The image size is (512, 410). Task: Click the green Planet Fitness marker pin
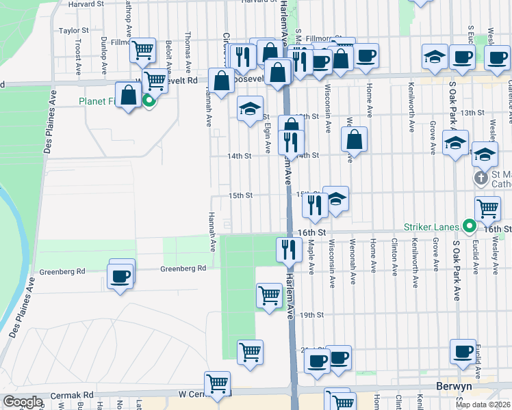pyautogui.click(x=149, y=102)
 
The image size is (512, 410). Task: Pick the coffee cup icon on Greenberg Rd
pyautogui.click(x=120, y=276)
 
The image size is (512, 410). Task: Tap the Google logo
pyautogui.click(x=22, y=402)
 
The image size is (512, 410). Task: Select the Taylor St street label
pyautogui.click(x=74, y=31)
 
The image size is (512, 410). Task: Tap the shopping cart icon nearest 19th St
pyautogui.click(x=269, y=295)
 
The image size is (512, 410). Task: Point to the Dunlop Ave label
pyautogui.click(x=103, y=55)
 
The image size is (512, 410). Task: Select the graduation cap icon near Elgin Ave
pyautogui.click(x=250, y=108)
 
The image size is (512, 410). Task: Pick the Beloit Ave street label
pyautogui.click(x=168, y=53)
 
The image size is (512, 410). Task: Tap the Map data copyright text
pyautogui.click(x=483, y=405)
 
